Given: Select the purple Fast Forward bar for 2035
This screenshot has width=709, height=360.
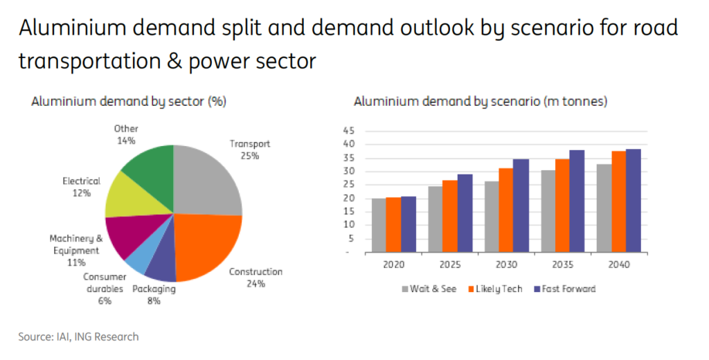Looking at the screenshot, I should [576, 201].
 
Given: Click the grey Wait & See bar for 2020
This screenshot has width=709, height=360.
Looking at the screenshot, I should [379, 224].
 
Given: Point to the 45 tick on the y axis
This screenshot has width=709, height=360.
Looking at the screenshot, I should [348, 131].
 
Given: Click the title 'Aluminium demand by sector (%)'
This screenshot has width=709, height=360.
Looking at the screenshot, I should [129, 102].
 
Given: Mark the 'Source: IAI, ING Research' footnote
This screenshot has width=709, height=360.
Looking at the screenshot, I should [78, 337].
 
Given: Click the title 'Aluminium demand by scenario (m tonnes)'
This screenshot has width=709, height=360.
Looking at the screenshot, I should [480, 102].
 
